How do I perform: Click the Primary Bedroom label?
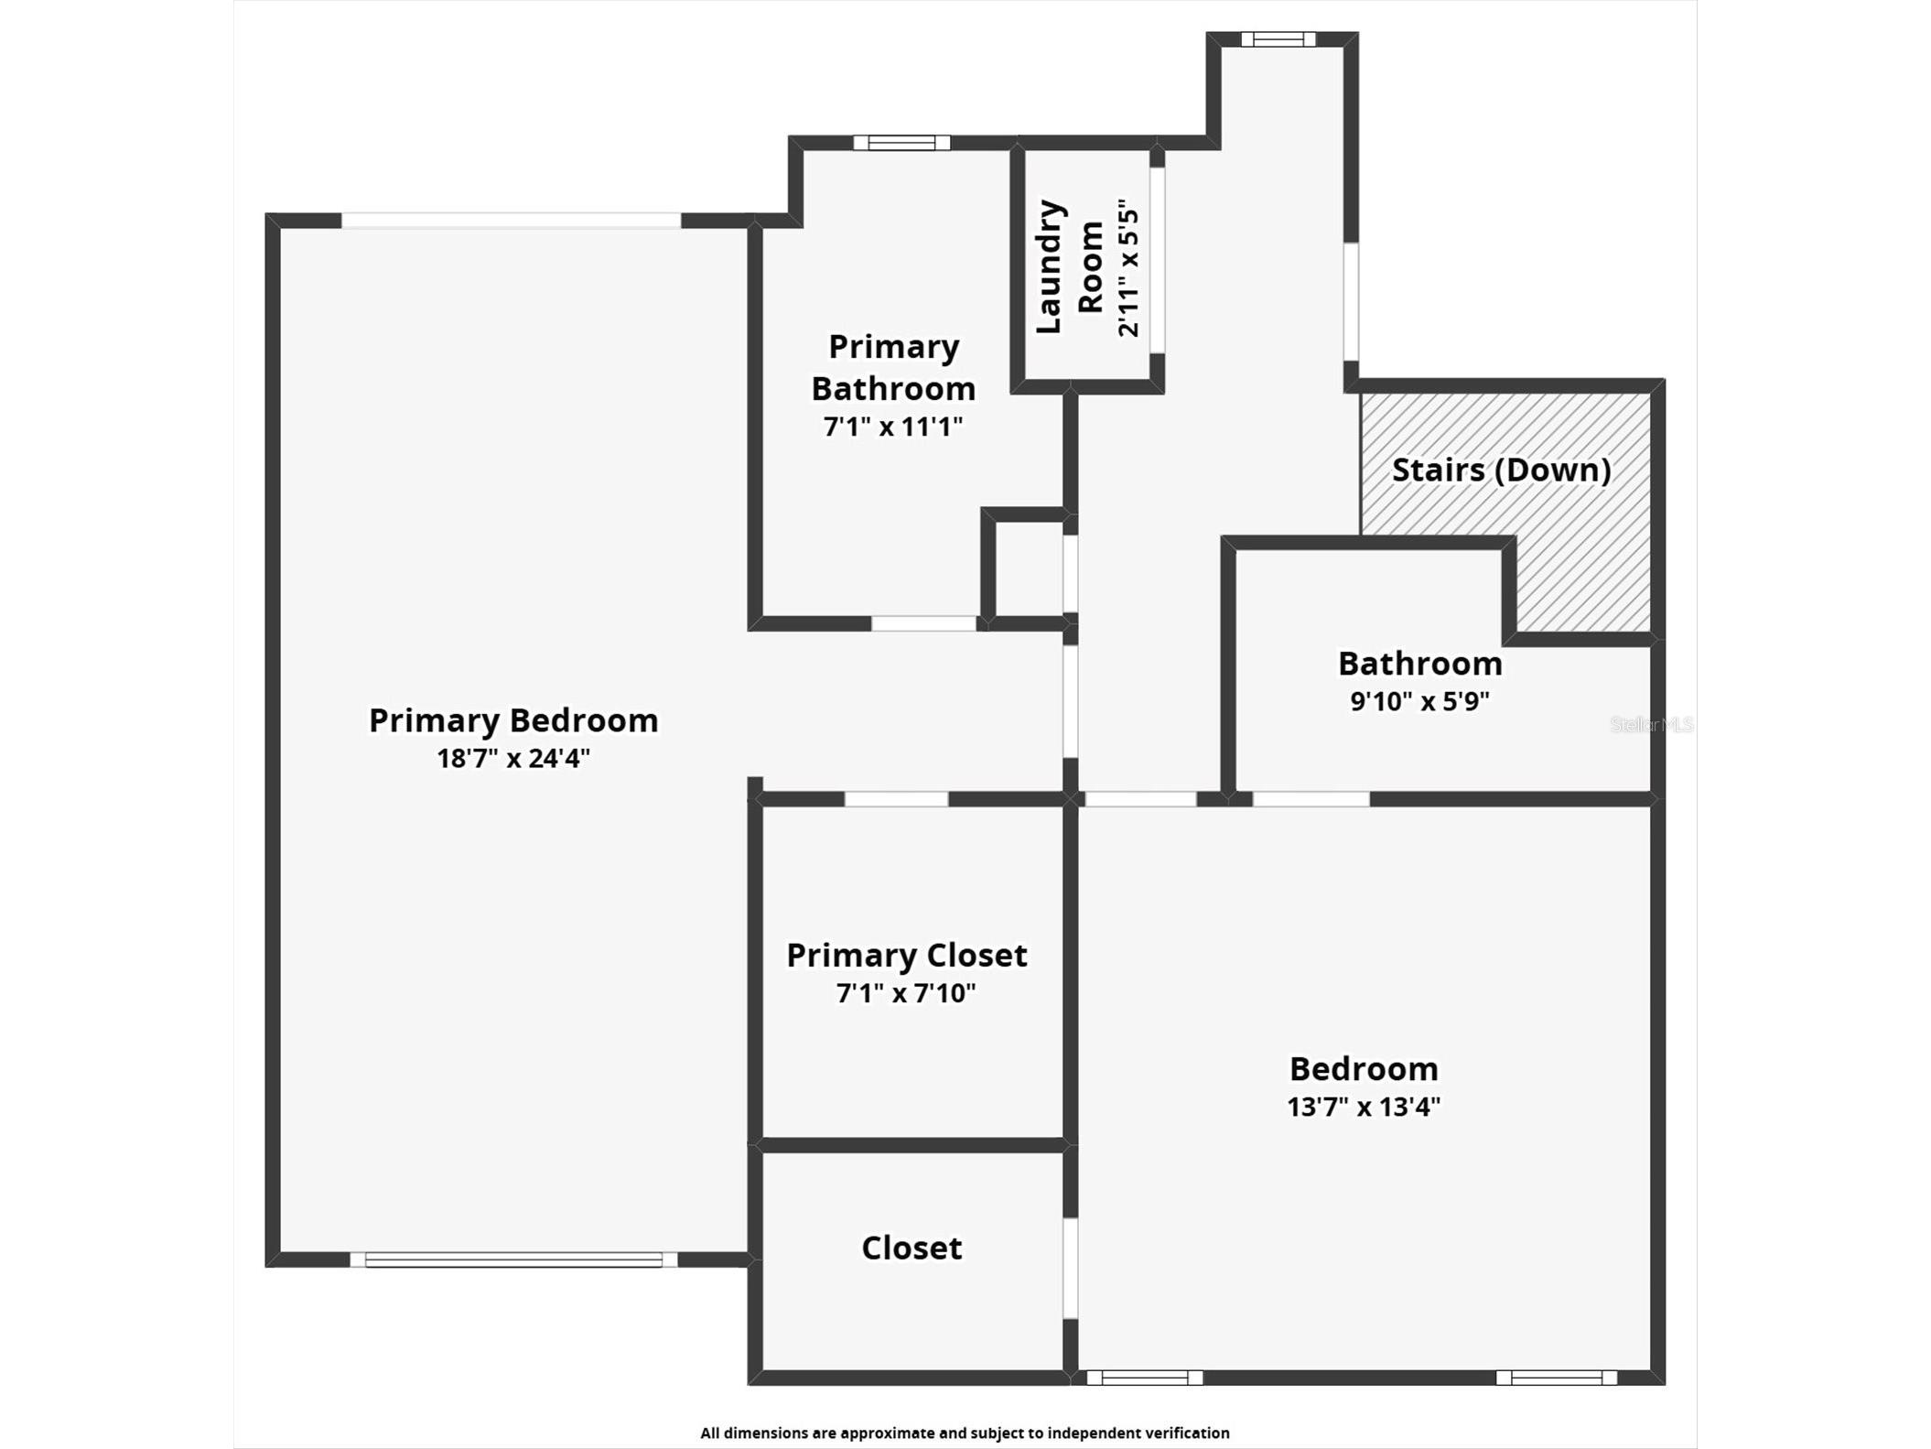click(513, 720)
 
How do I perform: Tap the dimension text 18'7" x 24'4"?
click(513, 759)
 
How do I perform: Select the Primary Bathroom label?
click(893, 368)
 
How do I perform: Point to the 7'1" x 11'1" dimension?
click(893, 427)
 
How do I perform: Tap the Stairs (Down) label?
click(1501, 470)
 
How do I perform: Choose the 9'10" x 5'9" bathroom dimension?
click(1419, 702)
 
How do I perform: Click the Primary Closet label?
click(906, 956)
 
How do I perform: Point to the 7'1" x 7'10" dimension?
click(906, 994)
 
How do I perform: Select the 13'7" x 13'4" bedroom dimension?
click(1364, 1108)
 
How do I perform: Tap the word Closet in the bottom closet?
click(912, 1249)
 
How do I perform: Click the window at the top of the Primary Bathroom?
click(901, 143)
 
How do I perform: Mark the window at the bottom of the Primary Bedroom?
click(513, 1260)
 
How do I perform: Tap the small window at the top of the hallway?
click(1278, 39)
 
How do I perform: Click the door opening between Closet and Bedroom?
click(1070, 1268)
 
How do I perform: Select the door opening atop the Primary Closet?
click(896, 799)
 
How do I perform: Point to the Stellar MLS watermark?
click(1651, 725)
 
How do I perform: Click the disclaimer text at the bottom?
click(965, 1433)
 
